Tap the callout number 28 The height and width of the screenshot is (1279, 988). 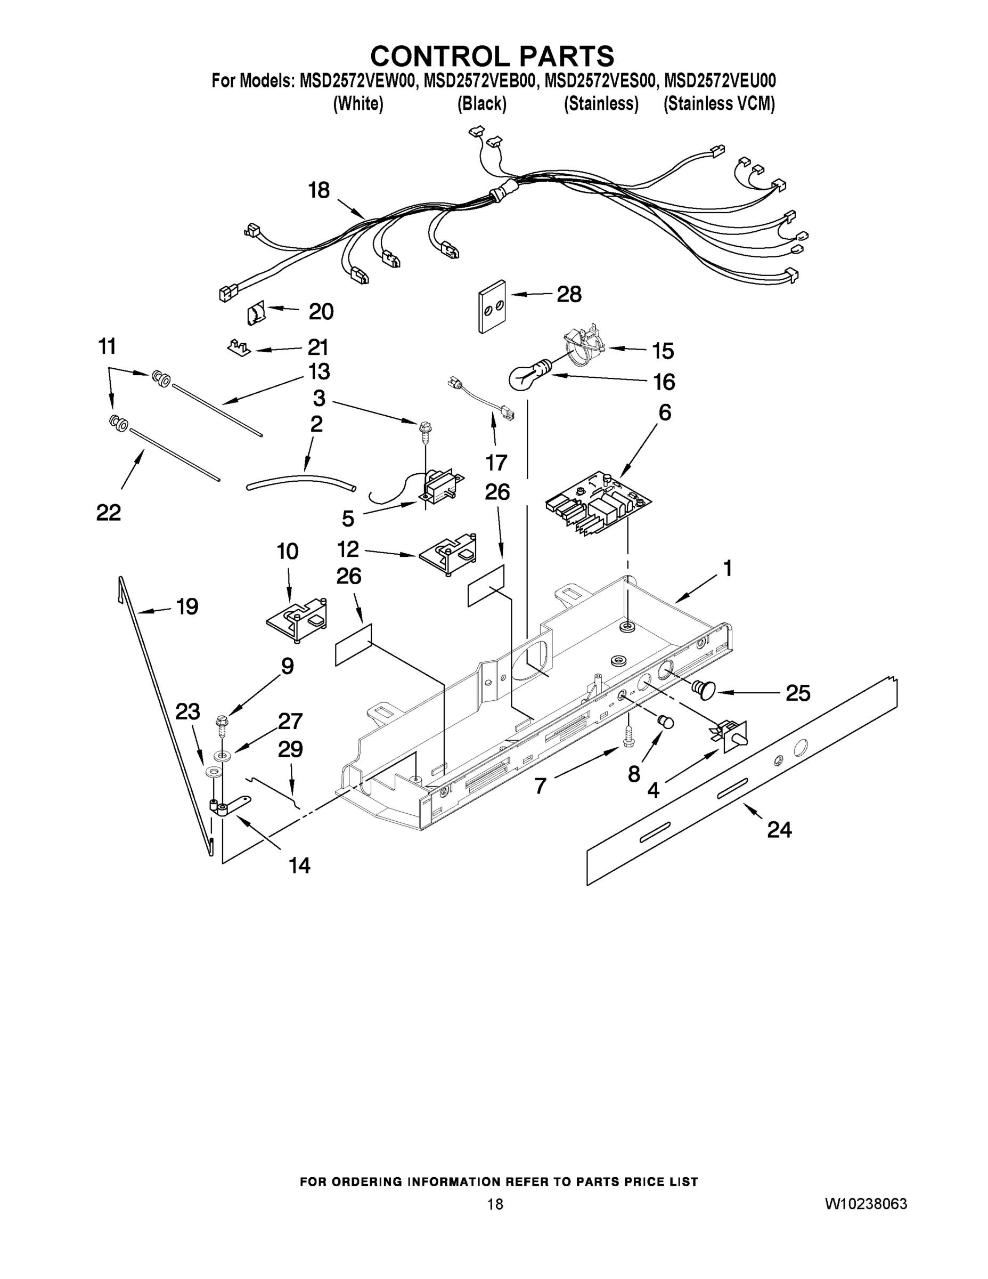(x=569, y=294)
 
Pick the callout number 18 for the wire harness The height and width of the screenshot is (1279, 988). (x=319, y=190)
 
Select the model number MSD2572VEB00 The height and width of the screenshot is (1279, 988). (x=479, y=81)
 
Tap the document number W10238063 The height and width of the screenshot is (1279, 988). (x=865, y=1203)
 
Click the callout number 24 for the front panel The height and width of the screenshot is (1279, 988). (x=779, y=830)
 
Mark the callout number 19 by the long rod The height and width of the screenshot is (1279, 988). (x=187, y=606)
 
